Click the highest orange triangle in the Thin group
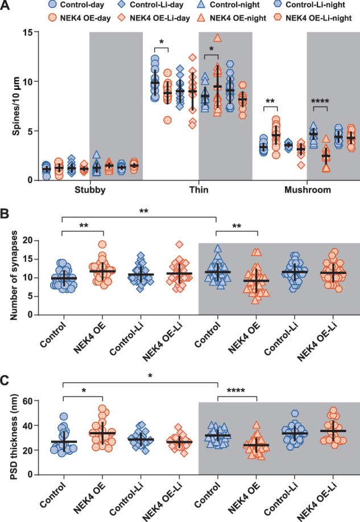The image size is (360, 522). [x=217, y=38]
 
